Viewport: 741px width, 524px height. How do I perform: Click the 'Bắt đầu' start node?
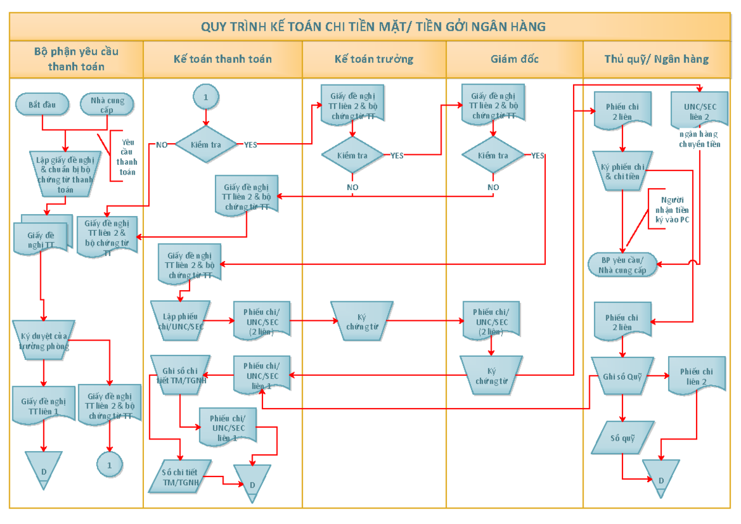[x=42, y=104]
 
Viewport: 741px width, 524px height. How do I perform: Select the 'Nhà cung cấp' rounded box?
[x=107, y=104]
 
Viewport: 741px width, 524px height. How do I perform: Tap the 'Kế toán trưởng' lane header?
[x=374, y=59]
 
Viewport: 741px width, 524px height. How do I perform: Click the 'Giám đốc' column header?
[x=514, y=59]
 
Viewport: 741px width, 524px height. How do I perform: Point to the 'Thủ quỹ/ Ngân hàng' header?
[x=656, y=59]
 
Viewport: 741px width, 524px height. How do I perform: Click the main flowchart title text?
[x=373, y=27]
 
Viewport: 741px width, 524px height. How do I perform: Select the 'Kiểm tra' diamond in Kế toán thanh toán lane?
[x=206, y=144]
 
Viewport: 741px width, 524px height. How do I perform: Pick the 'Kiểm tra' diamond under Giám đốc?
[x=493, y=155]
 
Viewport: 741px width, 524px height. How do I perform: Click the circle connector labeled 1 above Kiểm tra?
[x=206, y=97]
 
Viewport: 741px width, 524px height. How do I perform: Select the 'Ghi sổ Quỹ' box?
[x=622, y=375]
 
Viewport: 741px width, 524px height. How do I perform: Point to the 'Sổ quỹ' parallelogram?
[x=622, y=439]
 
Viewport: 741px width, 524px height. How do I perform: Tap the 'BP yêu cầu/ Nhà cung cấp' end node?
[x=622, y=264]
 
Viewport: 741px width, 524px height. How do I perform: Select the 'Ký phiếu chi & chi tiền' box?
[x=622, y=171]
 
